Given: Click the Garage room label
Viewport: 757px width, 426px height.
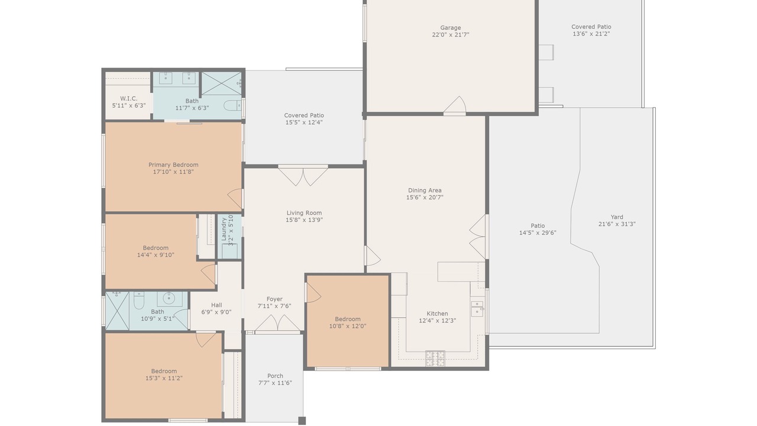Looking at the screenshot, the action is (x=450, y=28).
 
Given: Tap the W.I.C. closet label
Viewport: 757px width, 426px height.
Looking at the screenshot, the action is (x=129, y=98).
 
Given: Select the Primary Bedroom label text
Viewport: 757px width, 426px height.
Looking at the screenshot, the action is (x=173, y=164).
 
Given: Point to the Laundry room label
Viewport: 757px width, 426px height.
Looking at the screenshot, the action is (x=224, y=230).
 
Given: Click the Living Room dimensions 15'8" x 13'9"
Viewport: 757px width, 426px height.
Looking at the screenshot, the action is (x=304, y=220).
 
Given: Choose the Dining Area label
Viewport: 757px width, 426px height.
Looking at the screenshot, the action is (x=425, y=191).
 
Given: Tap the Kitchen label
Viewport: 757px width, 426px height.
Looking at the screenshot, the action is (x=437, y=314).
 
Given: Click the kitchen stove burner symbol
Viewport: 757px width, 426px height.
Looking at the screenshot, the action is (x=435, y=359).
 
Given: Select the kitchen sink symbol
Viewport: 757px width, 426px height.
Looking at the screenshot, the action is (x=477, y=309).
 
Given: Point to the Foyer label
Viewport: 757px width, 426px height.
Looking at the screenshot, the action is (x=274, y=299).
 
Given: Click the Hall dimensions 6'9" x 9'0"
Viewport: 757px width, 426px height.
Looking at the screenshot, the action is (x=216, y=312).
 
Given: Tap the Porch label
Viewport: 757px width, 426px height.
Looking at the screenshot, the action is (x=275, y=376).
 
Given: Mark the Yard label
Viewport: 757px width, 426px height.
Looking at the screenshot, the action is (x=617, y=217).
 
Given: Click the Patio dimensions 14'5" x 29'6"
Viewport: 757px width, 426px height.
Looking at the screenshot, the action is (x=538, y=233).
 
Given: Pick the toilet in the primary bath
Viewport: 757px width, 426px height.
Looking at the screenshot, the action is (x=233, y=105).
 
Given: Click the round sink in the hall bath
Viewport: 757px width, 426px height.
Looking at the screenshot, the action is (x=169, y=298).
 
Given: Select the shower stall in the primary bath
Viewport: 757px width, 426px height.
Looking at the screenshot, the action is (x=222, y=83).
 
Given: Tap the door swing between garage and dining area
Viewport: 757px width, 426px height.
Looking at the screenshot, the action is (x=455, y=105).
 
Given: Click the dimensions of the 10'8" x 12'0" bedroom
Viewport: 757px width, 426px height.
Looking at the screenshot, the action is (x=348, y=326).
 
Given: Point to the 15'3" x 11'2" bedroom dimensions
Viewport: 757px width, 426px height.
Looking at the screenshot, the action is (x=164, y=378).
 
